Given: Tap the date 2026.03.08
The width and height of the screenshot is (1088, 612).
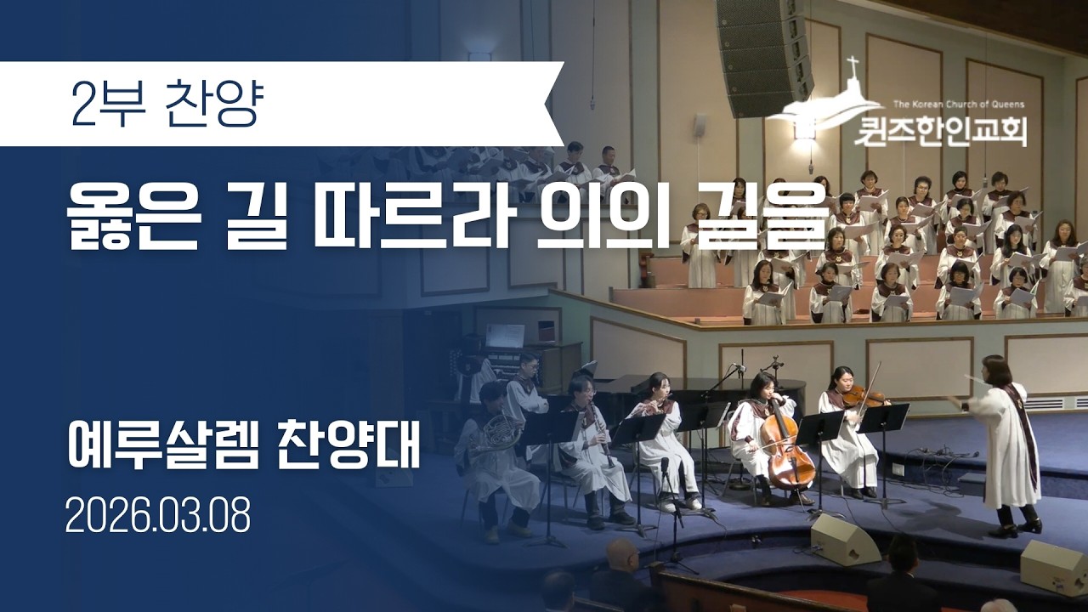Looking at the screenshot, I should [158, 516].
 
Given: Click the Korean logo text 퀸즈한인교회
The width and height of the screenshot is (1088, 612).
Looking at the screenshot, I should [942, 133].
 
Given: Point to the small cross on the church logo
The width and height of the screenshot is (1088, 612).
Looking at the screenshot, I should [852, 65].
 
